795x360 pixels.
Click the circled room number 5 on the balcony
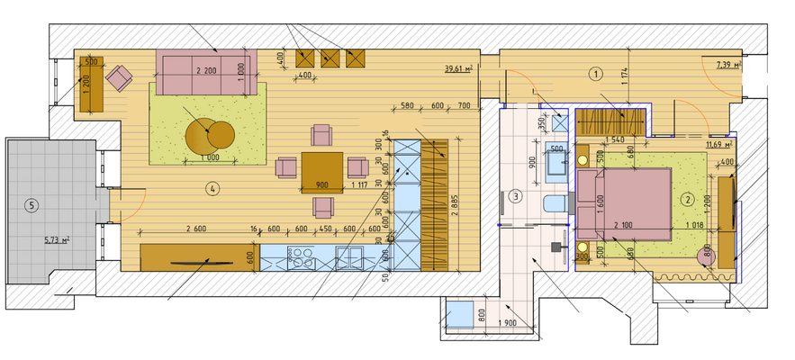click(x=32, y=205)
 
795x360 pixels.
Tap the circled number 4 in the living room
click(x=211, y=189)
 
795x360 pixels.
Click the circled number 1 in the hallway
click(x=594, y=75)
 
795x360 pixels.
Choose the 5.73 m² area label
click(x=57, y=240)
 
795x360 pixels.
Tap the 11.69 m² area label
click(x=718, y=143)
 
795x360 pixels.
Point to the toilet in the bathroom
click(x=558, y=203)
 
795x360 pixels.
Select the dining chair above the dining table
click(x=321, y=135)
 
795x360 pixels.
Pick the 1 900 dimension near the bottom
click(x=507, y=323)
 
